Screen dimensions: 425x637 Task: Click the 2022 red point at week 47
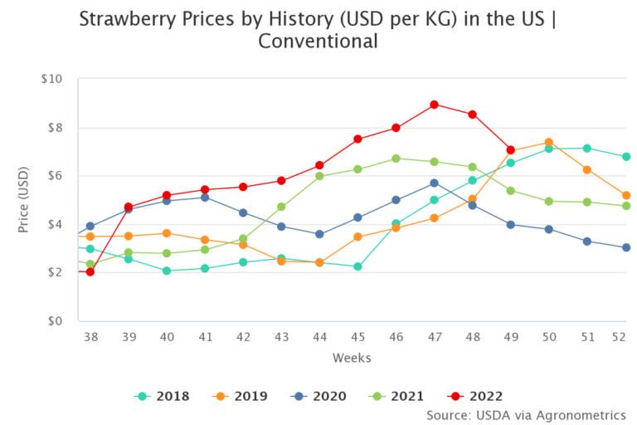(x=434, y=105)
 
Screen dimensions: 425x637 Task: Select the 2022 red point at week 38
(x=90, y=271)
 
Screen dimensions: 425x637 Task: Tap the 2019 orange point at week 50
(x=549, y=142)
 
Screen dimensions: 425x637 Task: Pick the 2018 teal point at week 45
(x=357, y=266)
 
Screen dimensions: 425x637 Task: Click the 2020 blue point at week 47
(x=434, y=183)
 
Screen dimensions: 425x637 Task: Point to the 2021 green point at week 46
(x=396, y=159)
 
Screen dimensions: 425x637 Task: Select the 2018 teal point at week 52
(x=626, y=156)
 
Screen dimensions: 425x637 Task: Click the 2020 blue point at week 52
(x=626, y=247)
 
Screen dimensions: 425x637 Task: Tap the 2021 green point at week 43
(x=281, y=207)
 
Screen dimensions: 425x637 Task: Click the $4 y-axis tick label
(x=53, y=224)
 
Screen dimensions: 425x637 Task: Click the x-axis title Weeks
(x=352, y=358)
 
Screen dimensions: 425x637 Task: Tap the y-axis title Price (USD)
(x=24, y=199)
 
